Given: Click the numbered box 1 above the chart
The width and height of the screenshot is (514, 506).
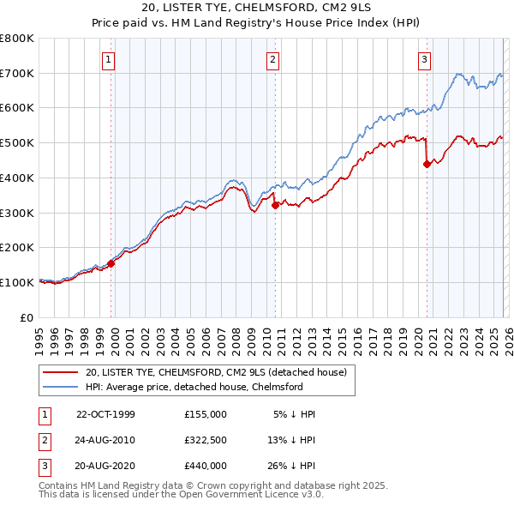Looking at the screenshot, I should click(x=110, y=60).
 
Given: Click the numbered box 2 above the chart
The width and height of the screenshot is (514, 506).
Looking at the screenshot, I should click(x=272, y=60).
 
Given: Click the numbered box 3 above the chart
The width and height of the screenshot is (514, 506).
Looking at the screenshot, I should click(x=424, y=60).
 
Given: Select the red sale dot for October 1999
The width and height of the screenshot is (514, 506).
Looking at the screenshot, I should click(x=111, y=263).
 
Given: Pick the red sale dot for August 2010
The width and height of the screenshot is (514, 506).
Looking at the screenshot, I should click(x=275, y=205).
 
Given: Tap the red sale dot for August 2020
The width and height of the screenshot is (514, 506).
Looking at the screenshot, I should click(x=427, y=164).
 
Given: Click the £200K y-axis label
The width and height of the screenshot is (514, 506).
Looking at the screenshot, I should click(x=17, y=247).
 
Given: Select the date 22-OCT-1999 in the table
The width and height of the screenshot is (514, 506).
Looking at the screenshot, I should click(x=105, y=414).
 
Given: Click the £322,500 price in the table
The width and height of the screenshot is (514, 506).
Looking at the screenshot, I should click(x=206, y=440).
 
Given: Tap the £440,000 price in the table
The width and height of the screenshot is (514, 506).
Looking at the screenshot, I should click(x=206, y=466).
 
